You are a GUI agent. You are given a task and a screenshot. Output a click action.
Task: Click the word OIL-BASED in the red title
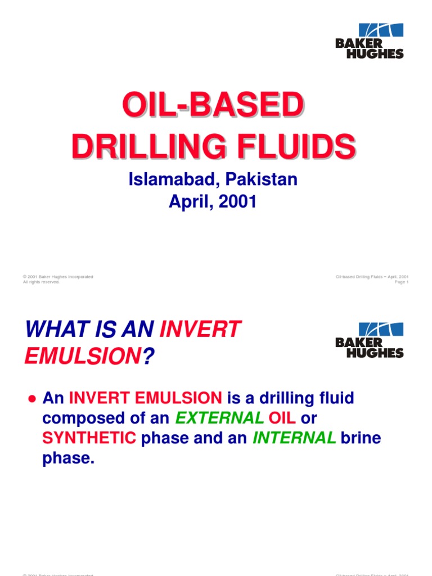point(213,106)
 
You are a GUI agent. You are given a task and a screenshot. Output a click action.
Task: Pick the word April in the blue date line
point(190,201)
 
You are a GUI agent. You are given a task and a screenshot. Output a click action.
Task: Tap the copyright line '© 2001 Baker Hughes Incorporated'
point(58,277)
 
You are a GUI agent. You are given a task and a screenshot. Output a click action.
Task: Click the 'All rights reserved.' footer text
point(41,282)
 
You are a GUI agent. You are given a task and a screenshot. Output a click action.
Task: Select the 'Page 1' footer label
point(402,282)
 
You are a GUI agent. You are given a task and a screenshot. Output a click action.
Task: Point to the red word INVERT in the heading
point(200,329)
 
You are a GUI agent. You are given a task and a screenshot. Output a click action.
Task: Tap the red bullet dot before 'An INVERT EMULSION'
point(32,399)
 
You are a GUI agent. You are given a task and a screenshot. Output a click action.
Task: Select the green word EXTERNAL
point(219,418)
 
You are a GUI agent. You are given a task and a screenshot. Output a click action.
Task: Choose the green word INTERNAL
point(294,438)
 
